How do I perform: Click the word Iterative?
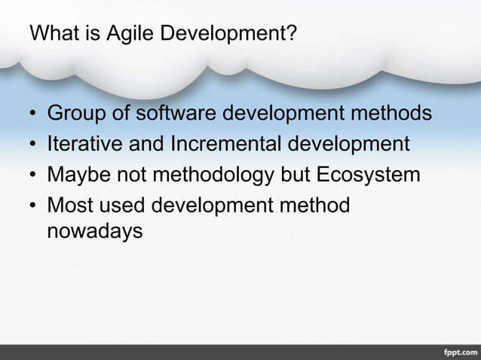click(x=83, y=144)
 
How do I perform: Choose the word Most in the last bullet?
click(x=70, y=204)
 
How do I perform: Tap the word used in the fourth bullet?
click(x=123, y=205)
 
